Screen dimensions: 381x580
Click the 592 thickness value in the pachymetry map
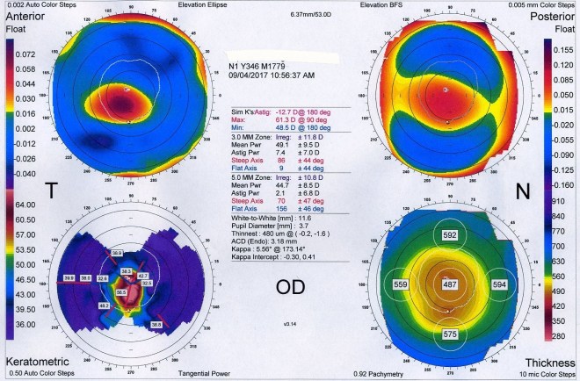tap(450, 235)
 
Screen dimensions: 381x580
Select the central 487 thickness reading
tap(450, 284)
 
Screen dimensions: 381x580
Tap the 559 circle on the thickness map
tap(401, 284)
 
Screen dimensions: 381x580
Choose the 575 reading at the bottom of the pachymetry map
tap(450, 334)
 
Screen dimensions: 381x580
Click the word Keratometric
tap(33, 363)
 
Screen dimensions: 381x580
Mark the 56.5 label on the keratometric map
tap(121, 291)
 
